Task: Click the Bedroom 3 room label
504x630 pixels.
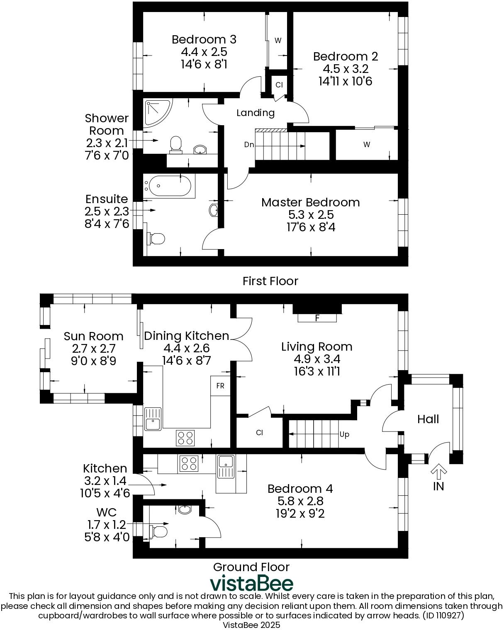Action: (204, 39)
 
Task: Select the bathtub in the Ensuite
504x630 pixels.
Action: (168, 187)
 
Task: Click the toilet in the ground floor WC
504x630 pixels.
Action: (159, 531)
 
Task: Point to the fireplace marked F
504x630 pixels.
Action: (317, 318)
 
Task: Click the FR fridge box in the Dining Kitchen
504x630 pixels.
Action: (220, 386)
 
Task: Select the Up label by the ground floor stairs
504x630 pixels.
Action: (344, 434)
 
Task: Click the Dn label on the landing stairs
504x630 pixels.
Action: (249, 145)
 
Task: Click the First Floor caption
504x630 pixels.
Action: (270, 281)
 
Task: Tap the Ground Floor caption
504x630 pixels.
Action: (251, 567)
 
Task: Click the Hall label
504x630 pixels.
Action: (428, 419)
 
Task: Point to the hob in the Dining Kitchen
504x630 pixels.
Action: (185, 438)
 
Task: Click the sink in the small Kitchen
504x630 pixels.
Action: (226, 467)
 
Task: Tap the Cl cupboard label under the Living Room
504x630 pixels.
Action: (259, 433)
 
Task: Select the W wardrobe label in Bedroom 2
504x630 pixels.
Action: (366, 145)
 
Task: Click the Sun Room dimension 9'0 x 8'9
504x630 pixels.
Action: (93, 361)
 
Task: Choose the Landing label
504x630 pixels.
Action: (256, 113)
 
